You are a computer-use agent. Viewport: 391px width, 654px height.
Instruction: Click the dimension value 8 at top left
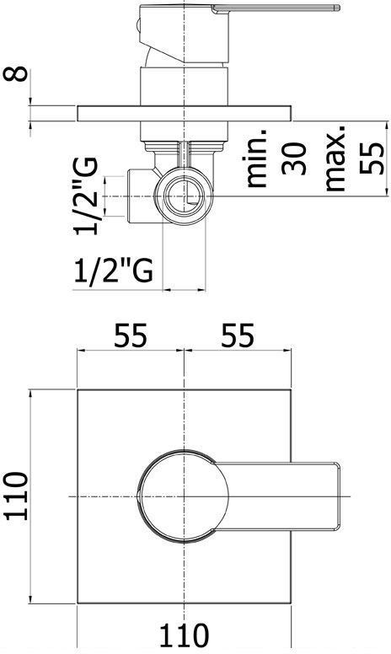pos(15,73)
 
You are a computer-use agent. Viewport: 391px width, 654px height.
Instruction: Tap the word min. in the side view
pos(256,157)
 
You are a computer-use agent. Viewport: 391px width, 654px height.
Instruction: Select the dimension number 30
pos(294,158)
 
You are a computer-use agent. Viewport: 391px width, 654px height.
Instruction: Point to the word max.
pos(336,157)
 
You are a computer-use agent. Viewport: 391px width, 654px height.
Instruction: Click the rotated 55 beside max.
pos(371,158)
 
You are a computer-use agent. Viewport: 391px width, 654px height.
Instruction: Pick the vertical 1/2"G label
pos(86,196)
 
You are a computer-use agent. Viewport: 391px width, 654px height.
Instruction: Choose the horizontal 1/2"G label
pos(114,271)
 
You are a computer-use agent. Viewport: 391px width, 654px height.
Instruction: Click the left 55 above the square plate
pos(131,335)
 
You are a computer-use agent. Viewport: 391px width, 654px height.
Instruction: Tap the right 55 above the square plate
pos(238,335)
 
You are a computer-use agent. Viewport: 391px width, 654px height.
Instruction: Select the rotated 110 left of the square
pos(17,496)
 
